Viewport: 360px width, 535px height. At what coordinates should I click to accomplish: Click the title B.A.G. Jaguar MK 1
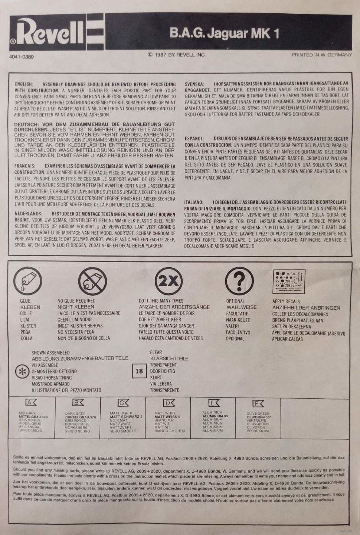coord(224,33)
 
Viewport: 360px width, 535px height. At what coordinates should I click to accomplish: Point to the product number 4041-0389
coord(22,57)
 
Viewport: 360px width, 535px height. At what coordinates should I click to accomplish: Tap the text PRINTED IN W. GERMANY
coord(321,55)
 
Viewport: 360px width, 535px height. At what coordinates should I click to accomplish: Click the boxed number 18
coord(139,371)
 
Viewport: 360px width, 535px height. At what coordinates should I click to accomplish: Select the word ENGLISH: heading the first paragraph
coord(24,84)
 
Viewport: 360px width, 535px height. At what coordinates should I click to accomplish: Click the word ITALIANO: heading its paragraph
coord(194,202)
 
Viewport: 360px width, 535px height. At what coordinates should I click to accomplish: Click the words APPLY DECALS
coord(286,301)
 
